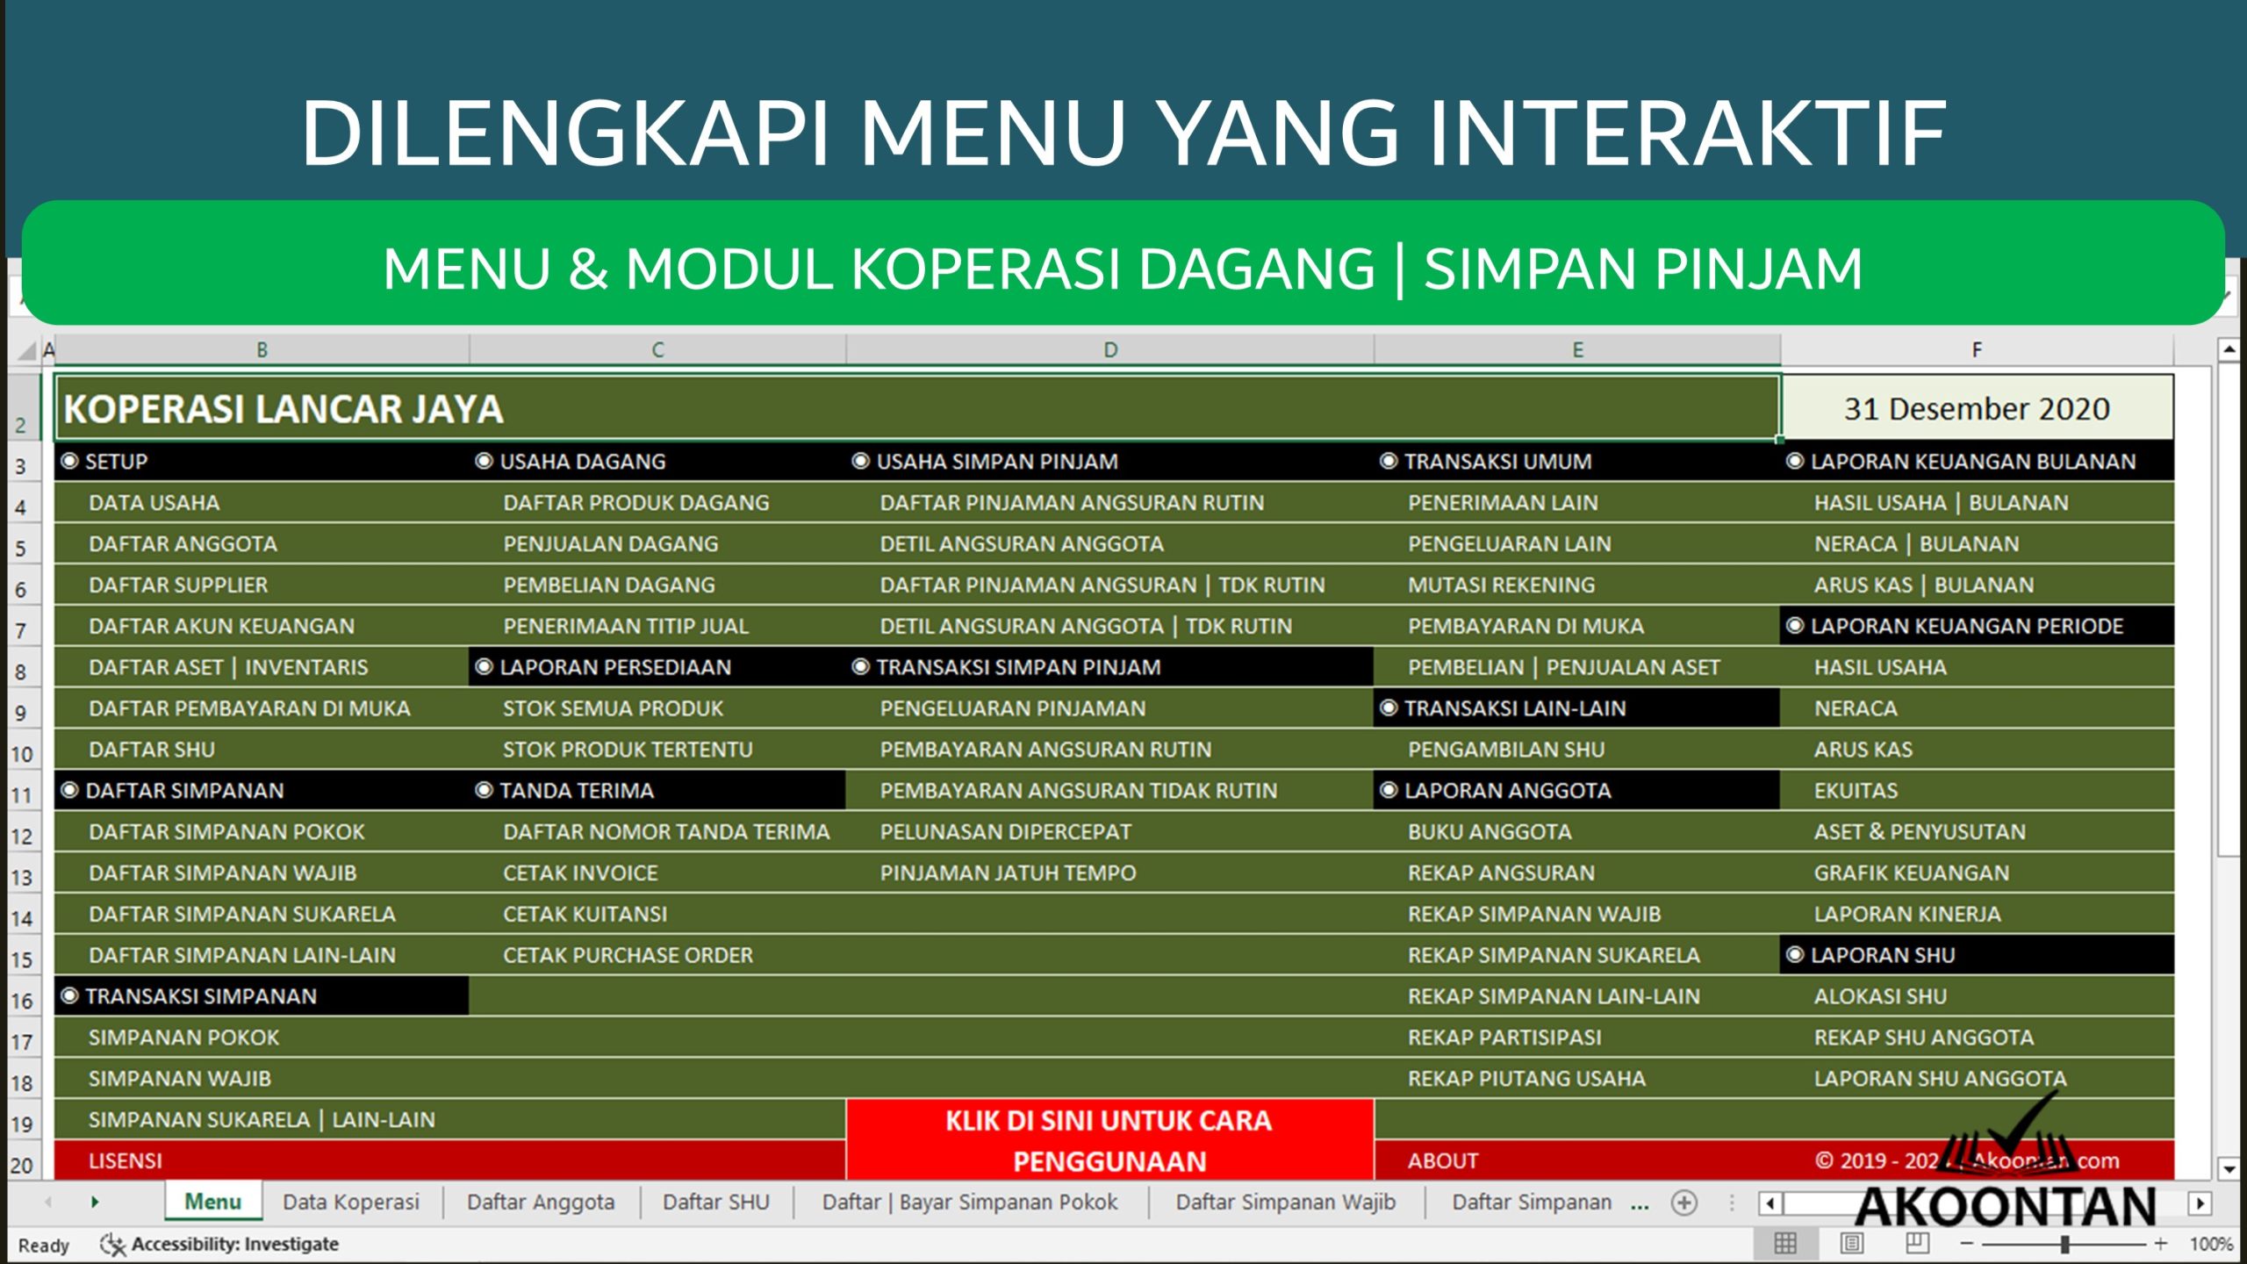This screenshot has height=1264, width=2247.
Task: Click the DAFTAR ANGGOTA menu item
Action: (183, 544)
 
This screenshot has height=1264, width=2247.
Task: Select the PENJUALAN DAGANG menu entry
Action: (610, 544)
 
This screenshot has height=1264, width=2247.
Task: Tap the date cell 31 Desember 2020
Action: (1976, 409)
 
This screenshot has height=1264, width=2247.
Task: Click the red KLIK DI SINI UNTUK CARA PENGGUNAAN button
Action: (1109, 1140)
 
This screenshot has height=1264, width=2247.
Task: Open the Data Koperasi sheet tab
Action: (350, 1202)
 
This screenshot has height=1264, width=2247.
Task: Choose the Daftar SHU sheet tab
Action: (715, 1202)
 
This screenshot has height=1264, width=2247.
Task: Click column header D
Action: (1110, 350)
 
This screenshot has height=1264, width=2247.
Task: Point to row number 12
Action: (21, 836)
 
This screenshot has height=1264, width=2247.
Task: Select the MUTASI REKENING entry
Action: (1501, 585)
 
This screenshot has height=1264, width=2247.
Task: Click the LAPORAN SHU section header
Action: (1883, 955)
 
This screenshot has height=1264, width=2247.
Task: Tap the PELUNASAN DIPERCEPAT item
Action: (1005, 832)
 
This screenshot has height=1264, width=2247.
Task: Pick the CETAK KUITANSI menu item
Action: (585, 914)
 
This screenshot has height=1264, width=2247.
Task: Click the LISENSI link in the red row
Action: (126, 1160)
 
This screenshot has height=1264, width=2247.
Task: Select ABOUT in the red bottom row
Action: (1442, 1160)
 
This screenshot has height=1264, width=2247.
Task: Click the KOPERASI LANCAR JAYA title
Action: (284, 409)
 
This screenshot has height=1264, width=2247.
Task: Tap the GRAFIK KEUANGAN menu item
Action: (1911, 873)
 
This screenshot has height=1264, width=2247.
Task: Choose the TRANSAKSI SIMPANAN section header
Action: (201, 996)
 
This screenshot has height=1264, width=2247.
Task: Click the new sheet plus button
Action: (1683, 1203)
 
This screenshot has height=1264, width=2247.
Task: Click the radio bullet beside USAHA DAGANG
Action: (484, 461)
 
